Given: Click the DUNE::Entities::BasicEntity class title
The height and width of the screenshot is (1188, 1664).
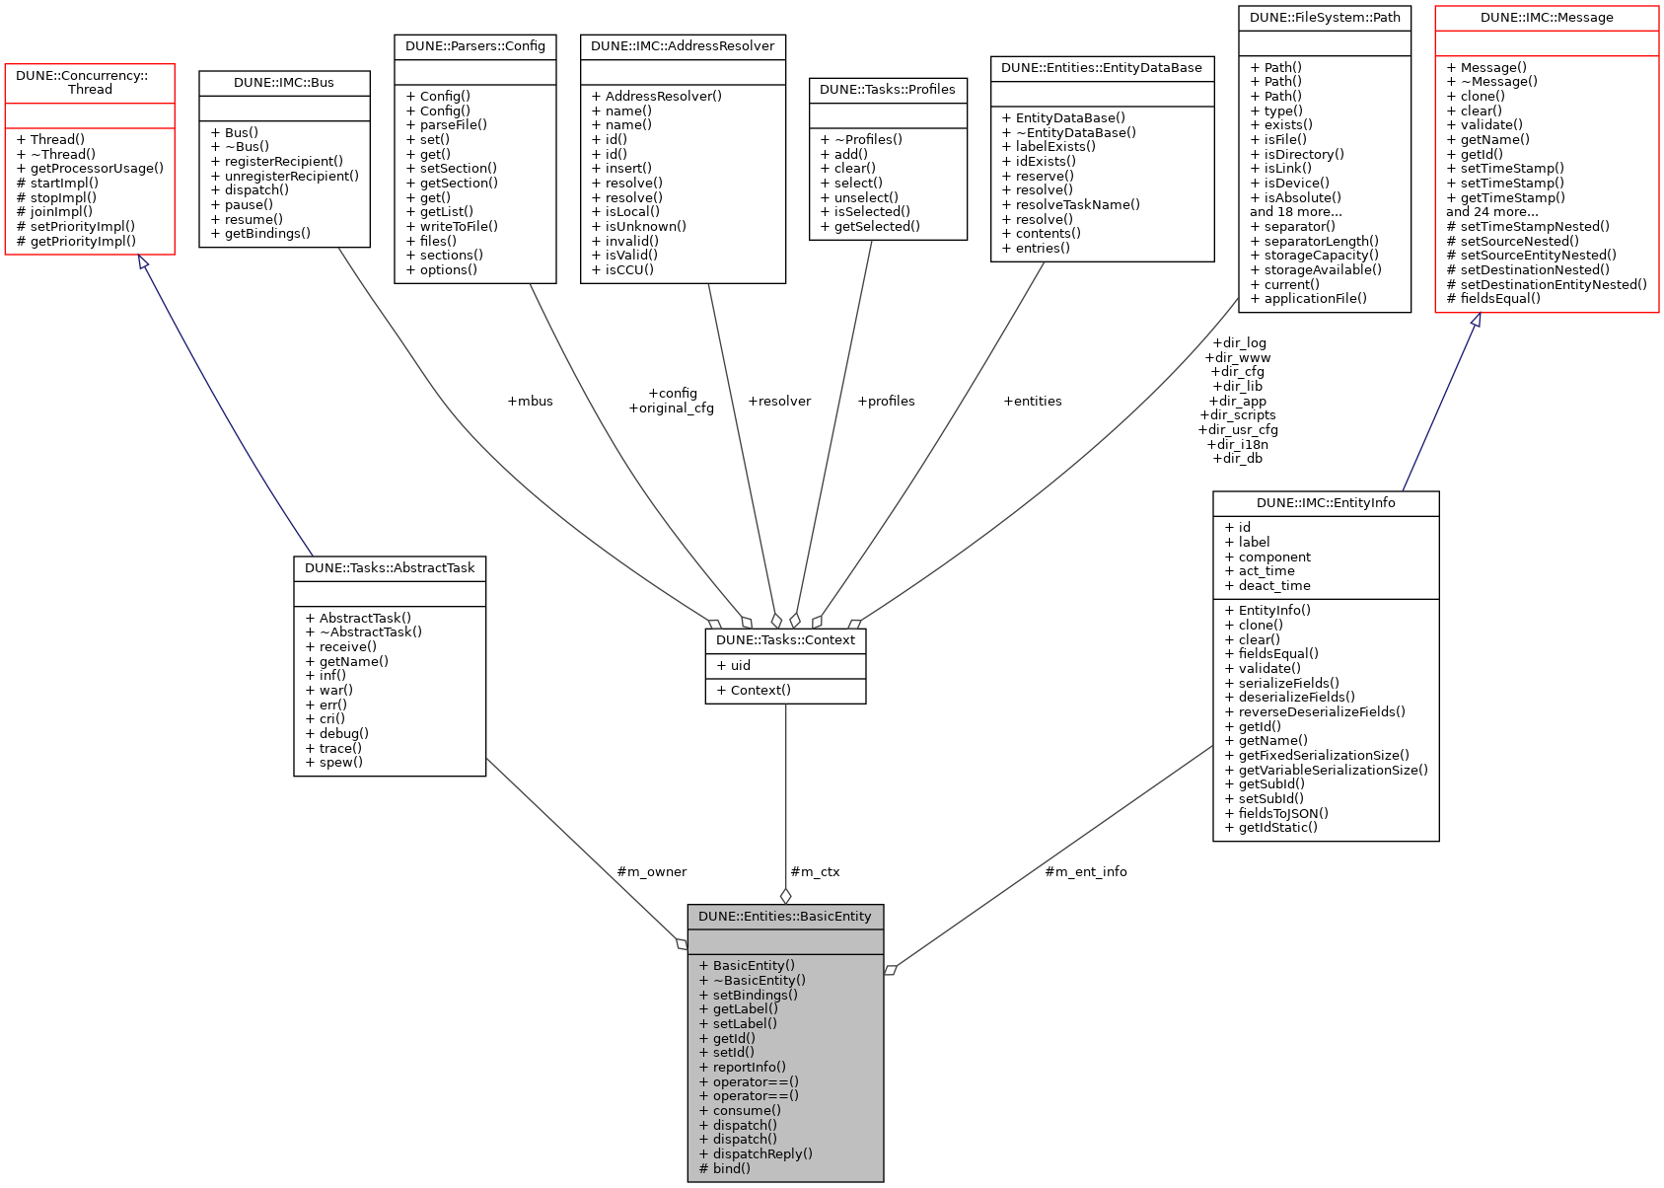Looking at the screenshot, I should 785,917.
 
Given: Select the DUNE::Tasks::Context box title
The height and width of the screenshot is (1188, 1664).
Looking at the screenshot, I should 785,640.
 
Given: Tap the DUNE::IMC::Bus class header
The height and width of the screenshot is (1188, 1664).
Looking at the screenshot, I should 284,83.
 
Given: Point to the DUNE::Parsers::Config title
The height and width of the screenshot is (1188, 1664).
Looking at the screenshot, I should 475,46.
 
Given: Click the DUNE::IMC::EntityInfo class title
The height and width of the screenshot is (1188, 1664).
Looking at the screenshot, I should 1326,503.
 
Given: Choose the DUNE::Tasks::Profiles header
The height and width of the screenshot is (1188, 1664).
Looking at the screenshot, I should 888,90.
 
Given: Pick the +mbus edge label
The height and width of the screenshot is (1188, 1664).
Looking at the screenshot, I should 530,402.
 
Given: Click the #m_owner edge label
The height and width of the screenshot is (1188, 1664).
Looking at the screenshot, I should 651,872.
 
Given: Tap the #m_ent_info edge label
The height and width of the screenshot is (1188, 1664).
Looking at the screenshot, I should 1086,872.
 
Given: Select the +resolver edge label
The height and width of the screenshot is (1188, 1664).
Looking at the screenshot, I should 779,402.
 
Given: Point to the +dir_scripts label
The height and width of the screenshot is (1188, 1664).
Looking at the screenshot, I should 1238,415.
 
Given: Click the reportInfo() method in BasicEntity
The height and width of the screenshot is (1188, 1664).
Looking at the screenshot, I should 743,1068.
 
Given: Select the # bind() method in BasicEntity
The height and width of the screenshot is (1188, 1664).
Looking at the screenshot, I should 725,1169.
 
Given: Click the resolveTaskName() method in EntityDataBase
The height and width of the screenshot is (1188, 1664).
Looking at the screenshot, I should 1071,205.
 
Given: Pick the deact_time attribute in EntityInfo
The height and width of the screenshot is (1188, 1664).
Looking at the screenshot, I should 1267,586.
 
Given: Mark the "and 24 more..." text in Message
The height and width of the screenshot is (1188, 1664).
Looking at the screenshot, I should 1492,212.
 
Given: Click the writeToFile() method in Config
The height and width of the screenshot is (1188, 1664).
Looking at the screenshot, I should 452,227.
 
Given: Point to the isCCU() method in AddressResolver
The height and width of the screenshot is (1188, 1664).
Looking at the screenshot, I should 622,270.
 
